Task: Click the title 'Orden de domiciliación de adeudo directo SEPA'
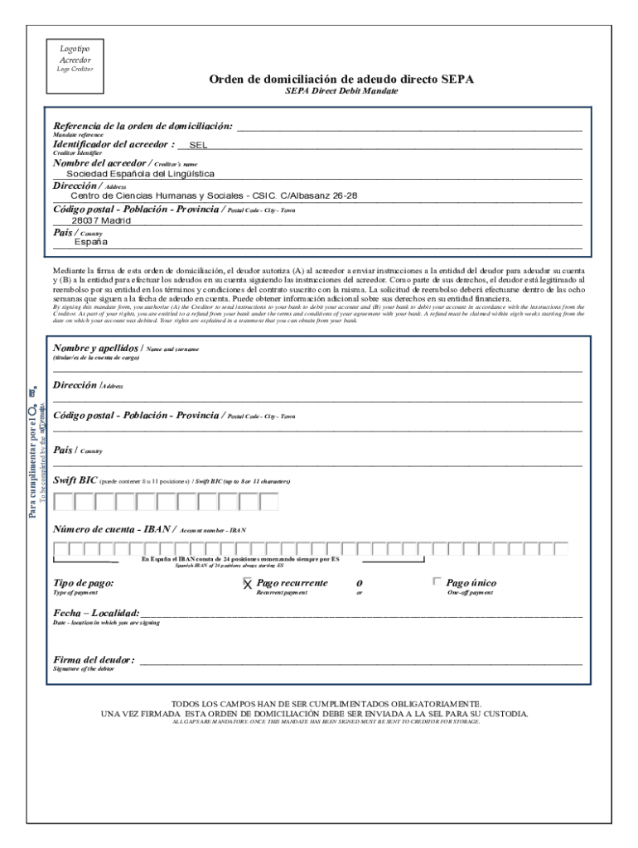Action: [x=341, y=79]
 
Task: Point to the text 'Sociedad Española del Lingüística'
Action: [x=140, y=174]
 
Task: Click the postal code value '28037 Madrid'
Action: [x=100, y=221]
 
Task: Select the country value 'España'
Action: [x=90, y=243]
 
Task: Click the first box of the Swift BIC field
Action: [x=62, y=501]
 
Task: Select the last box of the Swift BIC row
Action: [x=268, y=501]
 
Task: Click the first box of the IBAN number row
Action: [x=60, y=548]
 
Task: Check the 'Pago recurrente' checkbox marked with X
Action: [x=247, y=584]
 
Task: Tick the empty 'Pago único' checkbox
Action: [x=437, y=582]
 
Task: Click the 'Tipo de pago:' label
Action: [x=84, y=583]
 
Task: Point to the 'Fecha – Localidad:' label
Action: [x=96, y=612]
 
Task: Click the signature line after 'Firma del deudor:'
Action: [x=360, y=660]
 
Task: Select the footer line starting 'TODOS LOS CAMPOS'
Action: [x=320, y=702]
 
